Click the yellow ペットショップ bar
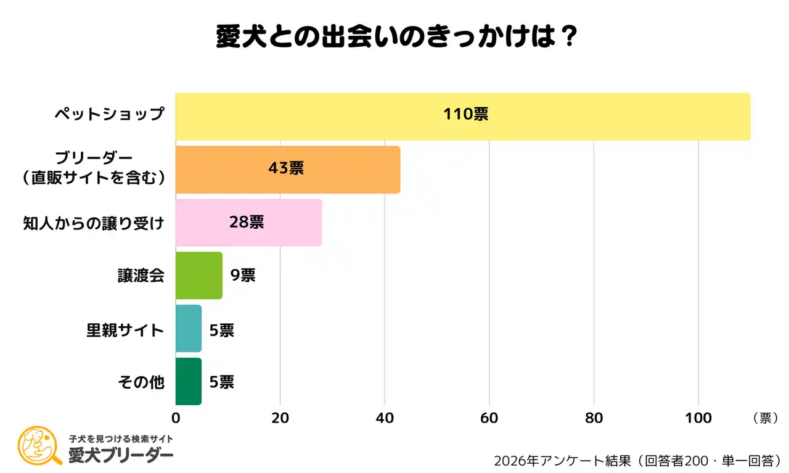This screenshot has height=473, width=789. [x=462, y=117]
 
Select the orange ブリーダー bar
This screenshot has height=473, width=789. [x=287, y=170]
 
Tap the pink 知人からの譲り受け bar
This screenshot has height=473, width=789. [x=248, y=223]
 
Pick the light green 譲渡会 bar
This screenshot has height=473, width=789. [x=198, y=276]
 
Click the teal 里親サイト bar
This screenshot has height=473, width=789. [x=188, y=329]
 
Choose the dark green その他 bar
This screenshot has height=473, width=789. [x=188, y=382]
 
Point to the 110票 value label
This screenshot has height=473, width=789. [x=465, y=114]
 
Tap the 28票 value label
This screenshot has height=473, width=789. [x=247, y=222]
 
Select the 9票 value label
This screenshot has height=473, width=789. [x=242, y=276]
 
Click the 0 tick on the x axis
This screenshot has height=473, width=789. [x=176, y=418]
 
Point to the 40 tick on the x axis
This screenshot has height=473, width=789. [x=385, y=418]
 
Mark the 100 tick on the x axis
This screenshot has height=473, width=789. [x=698, y=418]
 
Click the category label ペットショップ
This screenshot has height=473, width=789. [x=109, y=114]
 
